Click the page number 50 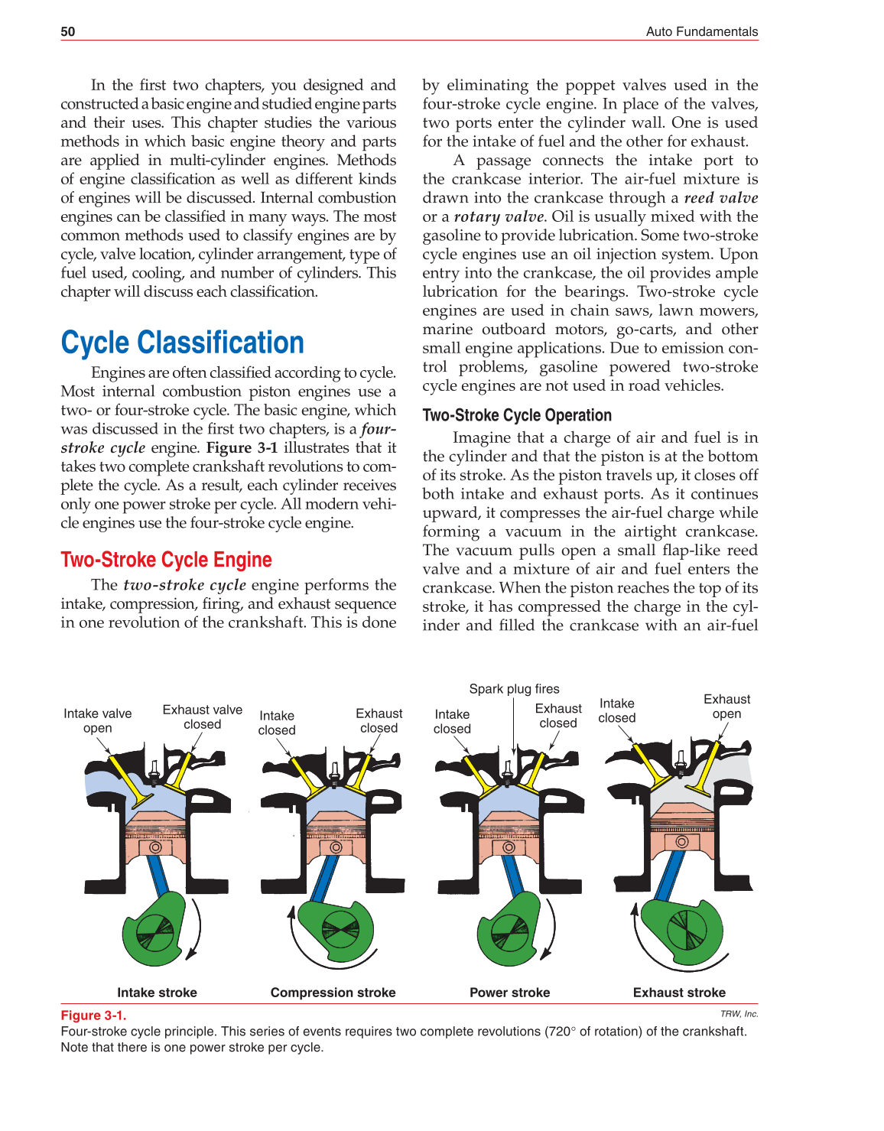coord(68,31)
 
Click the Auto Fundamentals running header coord(701,31)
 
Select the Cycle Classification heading coord(182,343)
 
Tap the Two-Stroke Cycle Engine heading coord(166,560)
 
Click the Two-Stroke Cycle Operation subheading coord(517,415)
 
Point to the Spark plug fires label coord(514,689)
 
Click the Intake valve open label coord(97,720)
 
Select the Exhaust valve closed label coord(202,717)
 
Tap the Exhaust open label coord(726,707)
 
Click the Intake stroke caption coord(157,993)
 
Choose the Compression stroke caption coord(333,993)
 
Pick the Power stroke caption coord(509,993)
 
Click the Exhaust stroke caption coord(679,993)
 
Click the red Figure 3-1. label coord(93,1016)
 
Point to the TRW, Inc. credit coord(739,1014)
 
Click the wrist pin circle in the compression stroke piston coord(336,847)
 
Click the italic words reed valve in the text coord(720,198)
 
